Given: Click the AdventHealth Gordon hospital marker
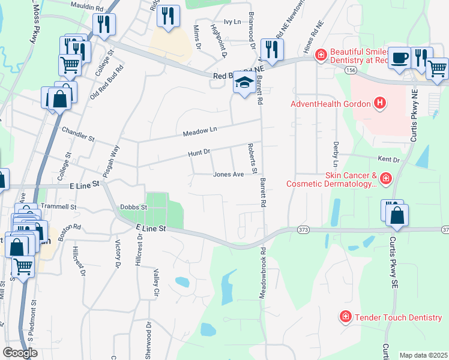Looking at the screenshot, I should (379, 104).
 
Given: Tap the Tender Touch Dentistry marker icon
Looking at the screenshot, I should (345, 316).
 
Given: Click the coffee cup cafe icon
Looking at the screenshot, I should (399, 58).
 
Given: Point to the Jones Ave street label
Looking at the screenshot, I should (229, 175).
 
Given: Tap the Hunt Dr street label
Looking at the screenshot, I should (199, 154).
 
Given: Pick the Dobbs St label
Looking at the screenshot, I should (134, 207).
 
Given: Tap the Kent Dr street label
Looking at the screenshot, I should (388, 160).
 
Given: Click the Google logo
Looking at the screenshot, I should (20, 353).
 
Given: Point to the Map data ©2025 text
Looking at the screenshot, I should (423, 355).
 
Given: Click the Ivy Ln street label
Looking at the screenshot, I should (232, 22).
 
